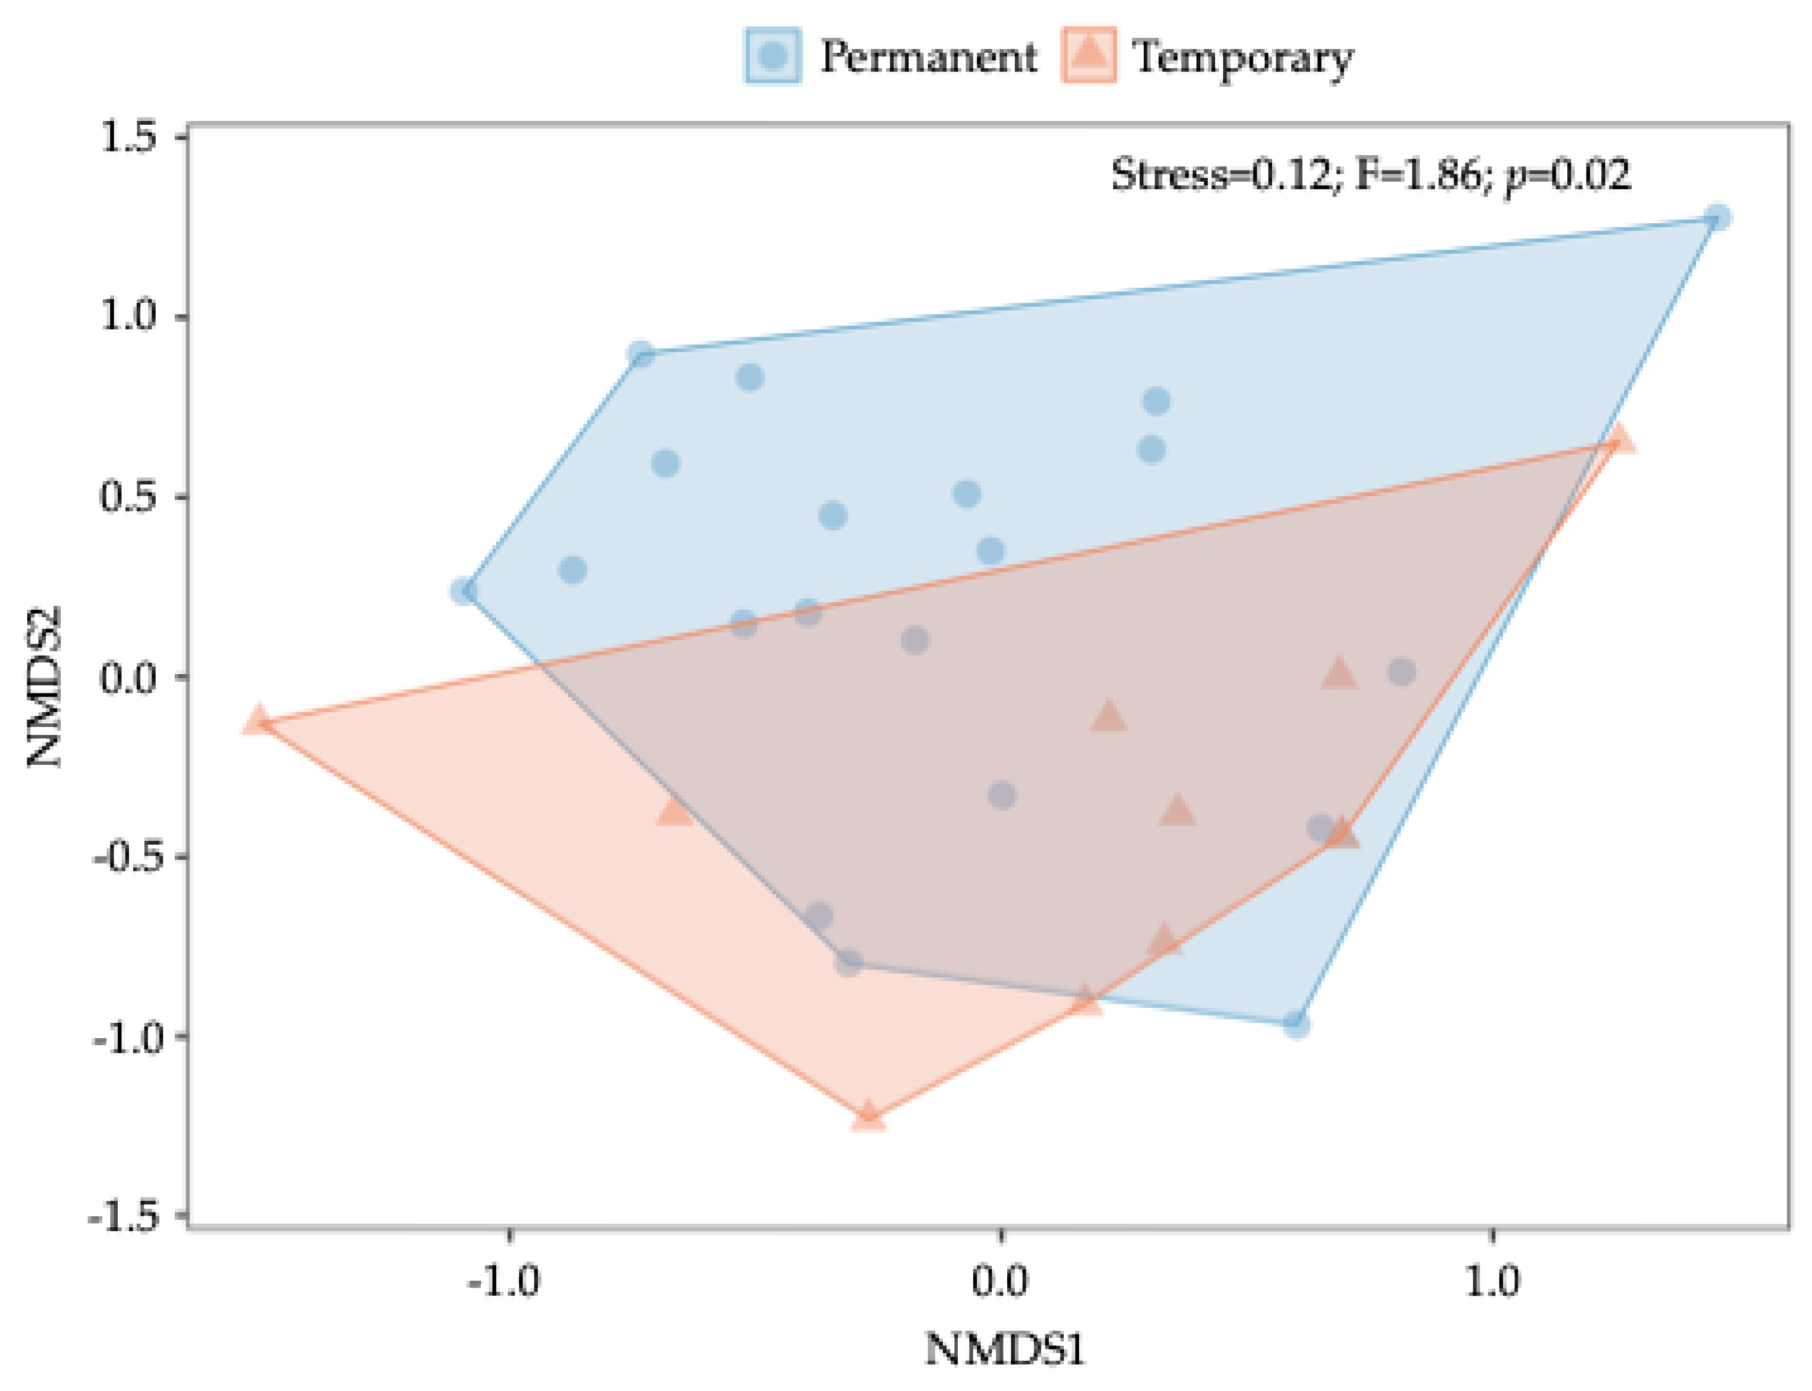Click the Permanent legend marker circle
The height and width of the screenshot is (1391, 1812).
click(772, 56)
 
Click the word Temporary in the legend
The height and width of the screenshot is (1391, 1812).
click(1242, 58)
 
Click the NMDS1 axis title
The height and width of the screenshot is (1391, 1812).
click(1004, 1349)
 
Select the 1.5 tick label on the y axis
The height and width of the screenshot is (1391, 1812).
click(128, 138)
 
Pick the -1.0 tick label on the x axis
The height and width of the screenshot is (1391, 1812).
click(503, 1282)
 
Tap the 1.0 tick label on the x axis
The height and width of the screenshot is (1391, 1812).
click(1492, 1282)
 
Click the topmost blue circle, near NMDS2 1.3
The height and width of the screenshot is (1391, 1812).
click(1718, 219)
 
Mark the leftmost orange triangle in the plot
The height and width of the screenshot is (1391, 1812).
click(258, 719)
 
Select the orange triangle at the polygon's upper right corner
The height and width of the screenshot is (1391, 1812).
click(1620, 439)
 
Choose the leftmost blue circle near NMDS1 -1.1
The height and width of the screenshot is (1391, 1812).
click(464, 591)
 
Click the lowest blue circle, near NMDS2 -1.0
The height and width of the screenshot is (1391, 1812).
click(1296, 1025)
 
